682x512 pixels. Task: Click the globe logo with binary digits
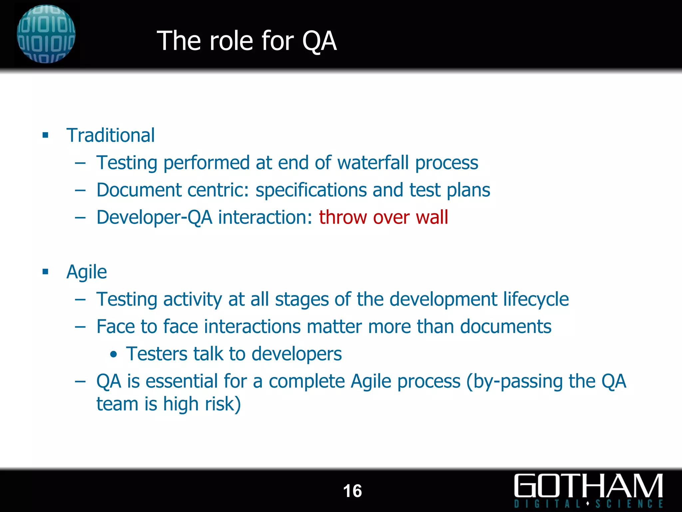[x=46, y=34]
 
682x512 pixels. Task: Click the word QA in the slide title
[x=319, y=41]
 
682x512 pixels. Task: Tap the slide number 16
[x=352, y=491]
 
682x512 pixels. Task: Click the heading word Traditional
[x=111, y=135]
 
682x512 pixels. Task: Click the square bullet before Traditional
[x=46, y=135]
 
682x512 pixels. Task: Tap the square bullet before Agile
[x=46, y=272]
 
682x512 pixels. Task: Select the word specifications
[x=311, y=190]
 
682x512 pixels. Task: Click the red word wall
[x=432, y=217]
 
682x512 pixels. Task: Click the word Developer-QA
[x=154, y=218]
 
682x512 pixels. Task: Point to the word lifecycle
[x=536, y=299]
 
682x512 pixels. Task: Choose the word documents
[x=506, y=326]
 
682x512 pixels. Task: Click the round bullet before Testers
[x=114, y=354]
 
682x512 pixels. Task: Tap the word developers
[x=296, y=354]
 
